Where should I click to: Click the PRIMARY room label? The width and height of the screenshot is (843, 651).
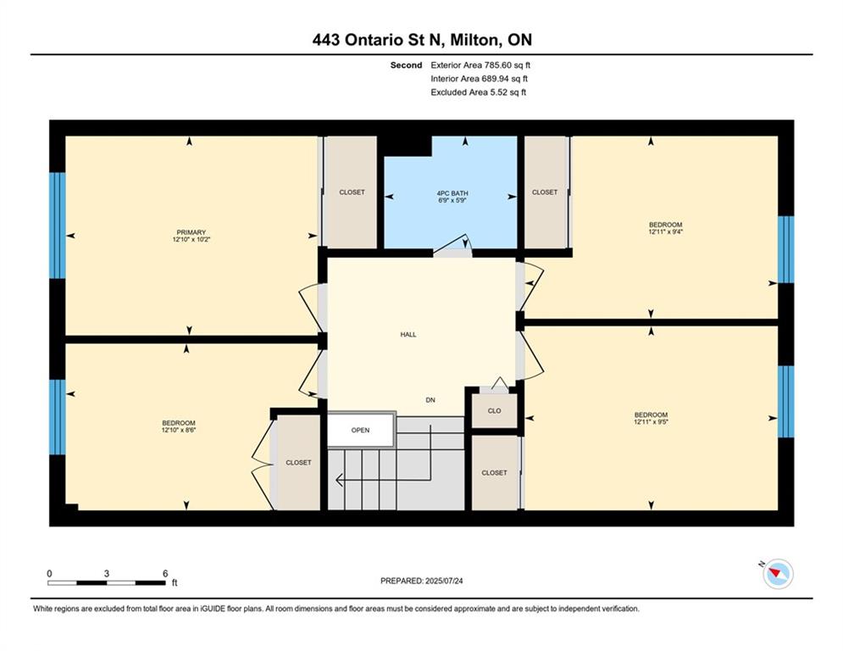point(191,232)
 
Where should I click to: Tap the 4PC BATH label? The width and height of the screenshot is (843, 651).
point(452,193)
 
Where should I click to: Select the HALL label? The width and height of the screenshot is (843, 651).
point(408,335)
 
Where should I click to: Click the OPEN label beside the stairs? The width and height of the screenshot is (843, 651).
point(360,431)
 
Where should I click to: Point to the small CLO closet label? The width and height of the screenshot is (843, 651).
point(494,411)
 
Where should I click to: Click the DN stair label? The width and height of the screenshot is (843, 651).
point(430,400)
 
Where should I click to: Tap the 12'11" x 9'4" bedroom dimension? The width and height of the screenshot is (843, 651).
point(666,232)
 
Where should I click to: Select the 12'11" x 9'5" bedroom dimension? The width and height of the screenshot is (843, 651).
point(651,422)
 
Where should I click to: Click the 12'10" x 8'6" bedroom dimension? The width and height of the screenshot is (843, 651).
point(179,430)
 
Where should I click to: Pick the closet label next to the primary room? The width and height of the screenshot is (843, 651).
point(352,192)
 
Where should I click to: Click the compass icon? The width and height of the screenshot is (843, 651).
point(778,574)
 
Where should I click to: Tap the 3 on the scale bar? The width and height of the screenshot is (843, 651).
point(107,574)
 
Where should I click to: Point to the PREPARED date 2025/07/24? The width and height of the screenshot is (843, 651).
point(444,581)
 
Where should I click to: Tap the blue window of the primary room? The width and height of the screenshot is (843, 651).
point(57,225)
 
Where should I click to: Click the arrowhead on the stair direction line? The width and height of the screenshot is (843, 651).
point(340,480)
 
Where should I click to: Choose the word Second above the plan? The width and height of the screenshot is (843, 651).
point(406,65)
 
